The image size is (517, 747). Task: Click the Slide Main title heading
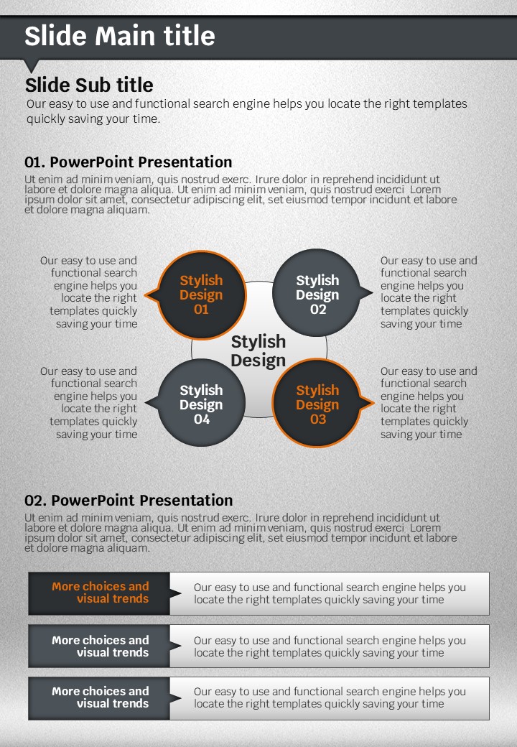tap(119, 36)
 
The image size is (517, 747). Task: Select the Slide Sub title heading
tap(89, 85)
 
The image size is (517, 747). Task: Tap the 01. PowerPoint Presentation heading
tap(128, 162)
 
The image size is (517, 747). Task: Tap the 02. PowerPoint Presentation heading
tap(129, 500)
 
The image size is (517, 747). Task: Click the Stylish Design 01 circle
tap(201, 295)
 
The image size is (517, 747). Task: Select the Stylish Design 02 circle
tap(317, 293)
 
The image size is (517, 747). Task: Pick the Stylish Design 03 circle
tap(317, 403)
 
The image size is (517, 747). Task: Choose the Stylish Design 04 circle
tap(201, 403)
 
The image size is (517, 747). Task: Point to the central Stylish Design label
tap(258, 351)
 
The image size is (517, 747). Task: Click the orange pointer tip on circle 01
tap(145, 295)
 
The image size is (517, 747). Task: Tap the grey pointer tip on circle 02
tap(372, 292)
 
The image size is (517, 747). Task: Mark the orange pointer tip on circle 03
tap(373, 403)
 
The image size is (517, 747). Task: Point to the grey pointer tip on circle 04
tap(146, 403)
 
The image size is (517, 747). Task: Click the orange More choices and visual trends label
tap(101, 592)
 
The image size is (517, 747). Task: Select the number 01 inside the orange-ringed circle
tap(201, 310)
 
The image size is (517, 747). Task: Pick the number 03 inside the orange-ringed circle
tap(318, 419)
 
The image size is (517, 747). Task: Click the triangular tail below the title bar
tap(32, 66)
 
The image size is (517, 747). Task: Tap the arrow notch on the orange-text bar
tap(176, 593)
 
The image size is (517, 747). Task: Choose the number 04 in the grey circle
tap(201, 419)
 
